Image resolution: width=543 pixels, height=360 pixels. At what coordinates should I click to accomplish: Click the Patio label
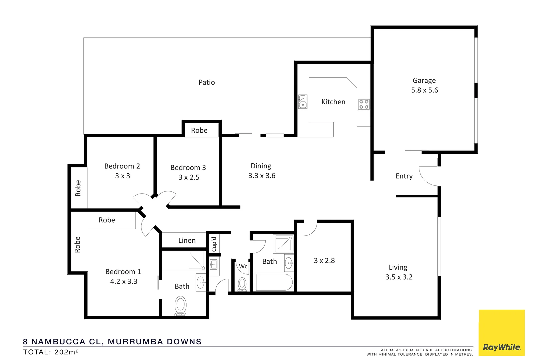click(x=207, y=82)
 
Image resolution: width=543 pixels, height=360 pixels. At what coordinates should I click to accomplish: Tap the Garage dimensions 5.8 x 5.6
click(x=424, y=90)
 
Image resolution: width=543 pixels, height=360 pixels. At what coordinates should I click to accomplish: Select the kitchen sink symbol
click(x=303, y=102)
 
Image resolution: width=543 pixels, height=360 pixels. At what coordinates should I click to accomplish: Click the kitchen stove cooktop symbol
click(x=364, y=104)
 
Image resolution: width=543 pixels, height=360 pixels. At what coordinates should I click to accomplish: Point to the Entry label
click(x=404, y=176)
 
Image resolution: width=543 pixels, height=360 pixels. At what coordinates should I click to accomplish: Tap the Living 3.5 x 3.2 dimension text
click(x=399, y=277)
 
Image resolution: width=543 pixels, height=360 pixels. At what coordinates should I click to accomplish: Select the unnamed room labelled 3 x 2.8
click(x=324, y=261)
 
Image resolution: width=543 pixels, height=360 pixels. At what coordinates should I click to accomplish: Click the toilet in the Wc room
click(x=242, y=284)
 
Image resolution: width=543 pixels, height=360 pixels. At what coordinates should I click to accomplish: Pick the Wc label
click(x=243, y=266)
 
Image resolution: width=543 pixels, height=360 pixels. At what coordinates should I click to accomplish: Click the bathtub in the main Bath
click(x=274, y=282)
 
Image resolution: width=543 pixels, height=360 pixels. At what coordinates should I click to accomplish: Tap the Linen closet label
click(x=187, y=240)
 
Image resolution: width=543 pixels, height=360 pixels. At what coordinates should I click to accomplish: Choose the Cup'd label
click(x=214, y=244)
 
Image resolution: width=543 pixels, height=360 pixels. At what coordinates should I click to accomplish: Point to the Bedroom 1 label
click(x=123, y=272)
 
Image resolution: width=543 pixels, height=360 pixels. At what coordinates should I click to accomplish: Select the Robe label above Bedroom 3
click(x=199, y=131)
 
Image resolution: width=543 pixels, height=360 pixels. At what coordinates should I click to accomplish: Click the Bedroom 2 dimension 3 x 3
click(x=122, y=176)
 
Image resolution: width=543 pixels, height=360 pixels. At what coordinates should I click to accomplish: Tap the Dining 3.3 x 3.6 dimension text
click(x=262, y=176)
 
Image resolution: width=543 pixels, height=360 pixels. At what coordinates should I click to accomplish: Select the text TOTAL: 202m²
click(x=51, y=352)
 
